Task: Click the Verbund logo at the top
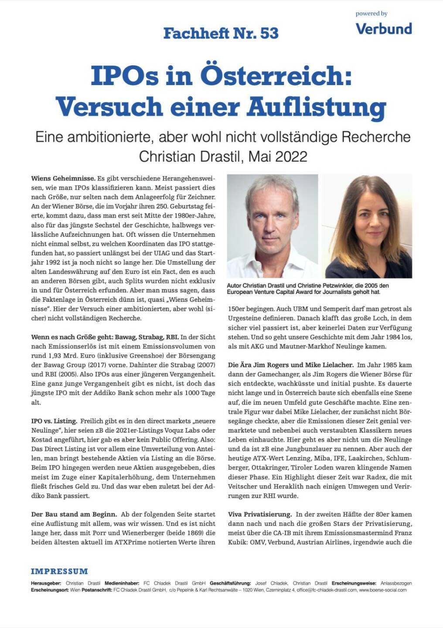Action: [384, 29]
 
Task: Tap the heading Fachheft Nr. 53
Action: [221, 33]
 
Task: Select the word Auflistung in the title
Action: [317, 106]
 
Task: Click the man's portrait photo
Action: [272, 226]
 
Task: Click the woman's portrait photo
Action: [369, 226]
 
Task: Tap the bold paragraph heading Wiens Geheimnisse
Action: [63, 178]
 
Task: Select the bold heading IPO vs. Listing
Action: [54, 421]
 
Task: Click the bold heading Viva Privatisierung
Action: [260, 514]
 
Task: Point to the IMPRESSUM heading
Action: [59, 571]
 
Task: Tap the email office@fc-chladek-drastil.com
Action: [324, 590]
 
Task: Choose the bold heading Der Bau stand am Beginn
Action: [74, 514]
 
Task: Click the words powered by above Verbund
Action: [371, 14]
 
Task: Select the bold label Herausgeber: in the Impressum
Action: [45, 583]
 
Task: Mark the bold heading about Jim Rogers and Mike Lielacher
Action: [290, 365]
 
